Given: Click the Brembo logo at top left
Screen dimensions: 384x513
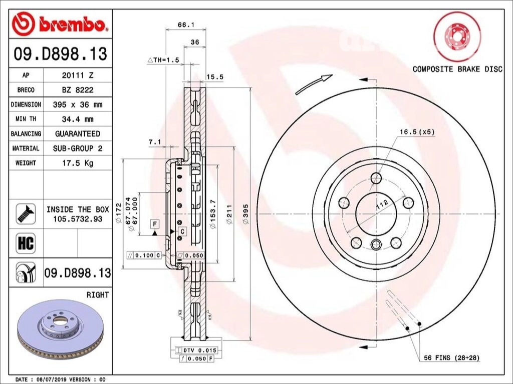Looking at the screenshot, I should (60, 23).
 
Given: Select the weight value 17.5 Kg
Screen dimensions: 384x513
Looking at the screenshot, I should (77, 163).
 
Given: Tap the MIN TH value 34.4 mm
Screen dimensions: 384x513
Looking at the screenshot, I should (77, 119).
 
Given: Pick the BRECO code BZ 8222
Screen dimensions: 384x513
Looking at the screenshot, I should (77, 90).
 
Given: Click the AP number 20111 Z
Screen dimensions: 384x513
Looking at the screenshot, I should (77, 75).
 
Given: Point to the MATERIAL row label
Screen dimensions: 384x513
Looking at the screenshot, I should (26, 148).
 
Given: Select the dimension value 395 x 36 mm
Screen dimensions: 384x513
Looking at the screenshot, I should (77, 105).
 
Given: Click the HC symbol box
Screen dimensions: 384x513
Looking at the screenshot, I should (26, 243).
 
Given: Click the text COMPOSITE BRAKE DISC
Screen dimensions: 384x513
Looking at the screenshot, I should (457, 69).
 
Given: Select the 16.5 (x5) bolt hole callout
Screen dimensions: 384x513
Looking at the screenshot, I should (417, 132).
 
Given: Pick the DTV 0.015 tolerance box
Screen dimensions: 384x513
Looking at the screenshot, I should (195, 350).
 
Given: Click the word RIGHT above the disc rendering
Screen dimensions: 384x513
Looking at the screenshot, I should (97, 295).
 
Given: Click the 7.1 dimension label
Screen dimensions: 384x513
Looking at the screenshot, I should (154, 142).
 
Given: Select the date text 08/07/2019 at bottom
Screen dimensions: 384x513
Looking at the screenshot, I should (53, 379).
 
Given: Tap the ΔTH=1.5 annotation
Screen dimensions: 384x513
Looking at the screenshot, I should (163, 60).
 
